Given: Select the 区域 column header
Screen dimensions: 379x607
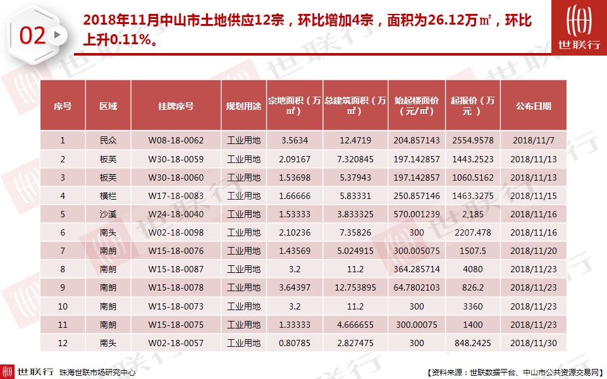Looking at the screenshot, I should (x=108, y=106).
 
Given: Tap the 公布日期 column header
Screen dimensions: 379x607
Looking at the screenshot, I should (x=533, y=106).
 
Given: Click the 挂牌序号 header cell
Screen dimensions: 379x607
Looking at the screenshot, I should (x=176, y=106).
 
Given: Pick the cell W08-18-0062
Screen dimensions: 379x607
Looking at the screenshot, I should (x=176, y=140).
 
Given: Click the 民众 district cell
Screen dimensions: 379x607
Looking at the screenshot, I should (x=108, y=140).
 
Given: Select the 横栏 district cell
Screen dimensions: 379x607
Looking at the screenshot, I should (x=108, y=196).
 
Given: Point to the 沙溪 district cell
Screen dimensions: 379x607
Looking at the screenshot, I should (x=108, y=214).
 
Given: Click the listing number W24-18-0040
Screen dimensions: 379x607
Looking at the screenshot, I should (x=176, y=214).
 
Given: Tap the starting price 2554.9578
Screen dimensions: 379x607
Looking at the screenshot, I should (x=472, y=140).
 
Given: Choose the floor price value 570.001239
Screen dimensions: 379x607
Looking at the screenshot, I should (x=416, y=214).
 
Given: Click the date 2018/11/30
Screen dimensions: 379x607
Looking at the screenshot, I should (x=533, y=343).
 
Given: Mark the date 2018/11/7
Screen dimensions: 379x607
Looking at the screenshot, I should (x=533, y=140).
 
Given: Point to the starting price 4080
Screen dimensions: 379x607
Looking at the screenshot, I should (x=472, y=270).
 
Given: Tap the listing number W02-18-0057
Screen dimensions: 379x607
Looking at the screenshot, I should (x=176, y=343).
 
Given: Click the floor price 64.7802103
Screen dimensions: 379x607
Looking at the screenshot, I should (x=416, y=288).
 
